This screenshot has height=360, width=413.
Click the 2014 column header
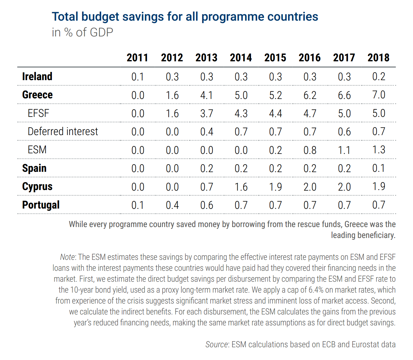(x=241, y=58)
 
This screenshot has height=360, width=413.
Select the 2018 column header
(x=378, y=58)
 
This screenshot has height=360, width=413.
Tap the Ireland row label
(x=37, y=76)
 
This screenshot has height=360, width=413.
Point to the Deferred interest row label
(x=63, y=131)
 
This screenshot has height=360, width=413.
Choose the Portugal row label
(x=41, y=205)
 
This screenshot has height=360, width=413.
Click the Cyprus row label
(x=37, y=186)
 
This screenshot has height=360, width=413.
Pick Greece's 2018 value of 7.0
(x=378, y=95)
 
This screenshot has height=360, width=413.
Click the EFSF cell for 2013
(x=207, y=113)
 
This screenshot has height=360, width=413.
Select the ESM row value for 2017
(x=344, y=150)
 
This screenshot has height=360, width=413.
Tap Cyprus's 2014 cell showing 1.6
(x=241, y=187)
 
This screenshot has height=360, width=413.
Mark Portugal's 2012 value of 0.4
(x=172, y=205)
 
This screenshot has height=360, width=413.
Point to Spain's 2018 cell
(x=378, y=168)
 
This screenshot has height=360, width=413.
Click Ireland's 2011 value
(x=138, y=77)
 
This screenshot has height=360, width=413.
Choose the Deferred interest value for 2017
(x=344, y=132)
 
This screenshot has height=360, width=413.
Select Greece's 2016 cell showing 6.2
(x=310, y=95)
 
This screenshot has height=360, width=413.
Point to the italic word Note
(x=67, y=257)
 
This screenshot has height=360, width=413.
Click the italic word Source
(x=216, y=345)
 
